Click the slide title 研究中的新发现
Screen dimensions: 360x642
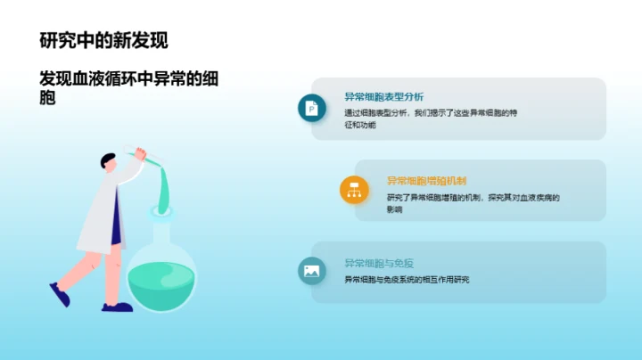coord(103,40)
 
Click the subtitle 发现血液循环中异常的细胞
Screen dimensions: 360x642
coord(128,87)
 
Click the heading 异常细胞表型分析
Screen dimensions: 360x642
coord(383,97)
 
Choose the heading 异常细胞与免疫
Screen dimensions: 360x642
coord(379,264)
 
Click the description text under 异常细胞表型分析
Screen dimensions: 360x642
coord(430,119)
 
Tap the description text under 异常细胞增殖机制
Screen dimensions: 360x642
coord(473,203)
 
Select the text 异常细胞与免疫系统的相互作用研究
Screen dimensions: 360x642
coord(407,280)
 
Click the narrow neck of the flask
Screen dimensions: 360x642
coord(161,229)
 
